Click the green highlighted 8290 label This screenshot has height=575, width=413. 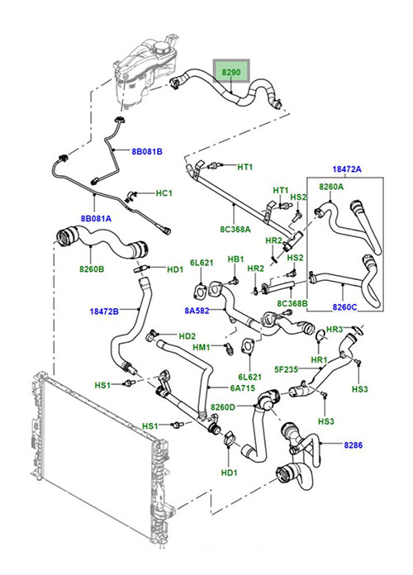(231, 72)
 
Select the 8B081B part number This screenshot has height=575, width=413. (147, 151)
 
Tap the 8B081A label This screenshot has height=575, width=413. (96, 219)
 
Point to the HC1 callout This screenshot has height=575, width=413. (164, 192)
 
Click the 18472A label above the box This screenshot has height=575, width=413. (347, 169)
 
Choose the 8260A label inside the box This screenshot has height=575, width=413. (331, 187)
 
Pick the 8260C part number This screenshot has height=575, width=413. (344, 307)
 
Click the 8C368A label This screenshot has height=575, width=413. (235, 230)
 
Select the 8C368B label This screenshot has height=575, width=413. (292, 304)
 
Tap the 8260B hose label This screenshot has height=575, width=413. (92, 269)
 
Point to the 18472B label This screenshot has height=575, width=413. (104, 311)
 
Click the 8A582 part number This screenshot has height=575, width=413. (197, 311)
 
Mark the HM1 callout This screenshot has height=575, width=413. (202, 347)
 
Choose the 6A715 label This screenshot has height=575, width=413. (242, 387)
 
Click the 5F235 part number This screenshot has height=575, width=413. (286, 369)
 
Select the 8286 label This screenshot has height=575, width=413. (354, 445)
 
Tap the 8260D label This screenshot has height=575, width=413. (223, 406)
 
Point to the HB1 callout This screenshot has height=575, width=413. (236, 259)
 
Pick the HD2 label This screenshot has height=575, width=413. (187, 336)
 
